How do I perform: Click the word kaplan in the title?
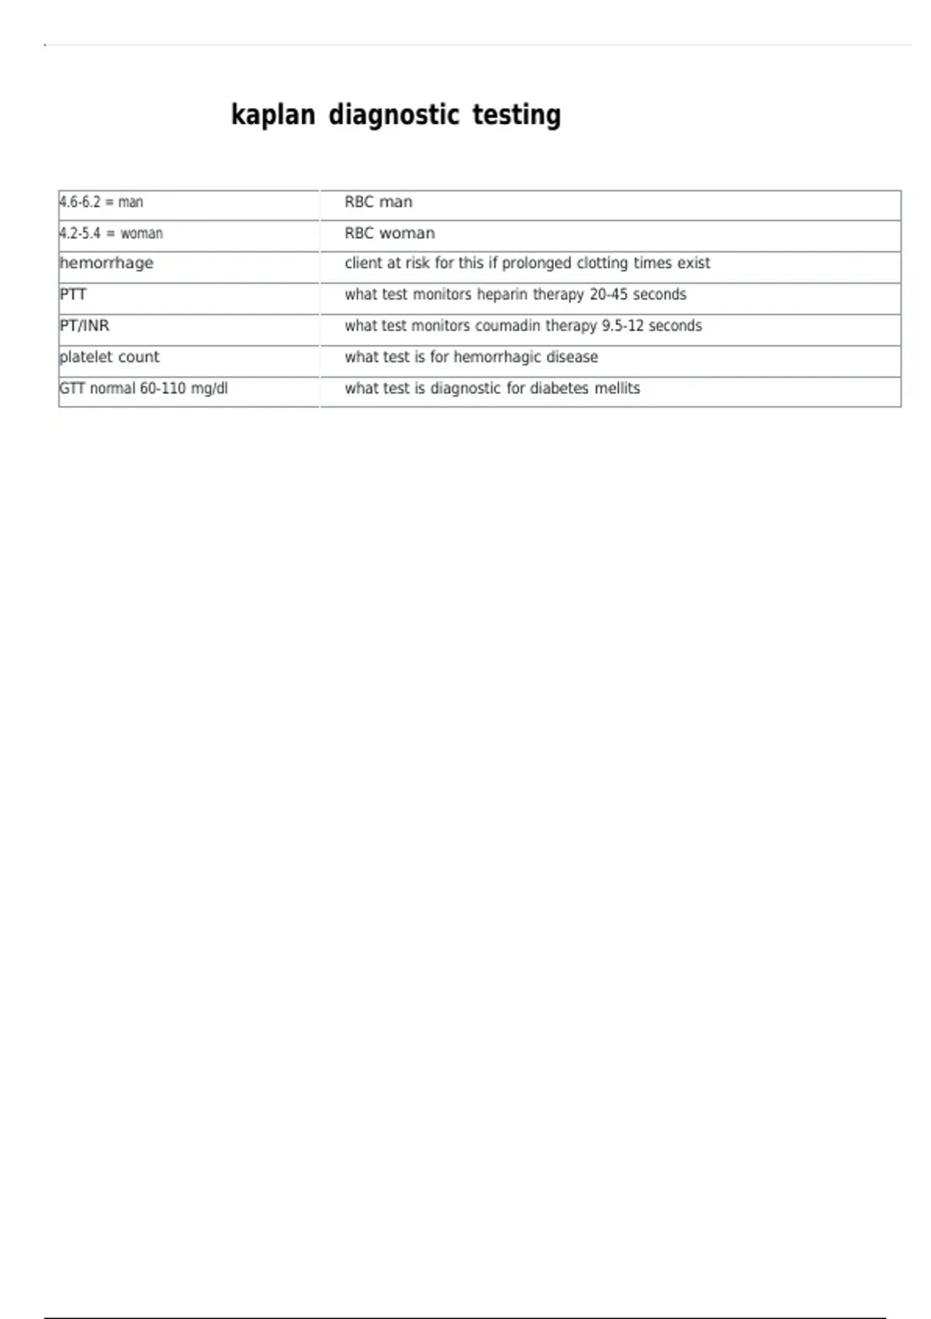(273, 115)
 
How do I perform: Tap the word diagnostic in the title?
(394, 115)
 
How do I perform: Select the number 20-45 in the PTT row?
(608, 295)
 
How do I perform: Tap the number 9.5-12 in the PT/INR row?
(622, 326)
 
